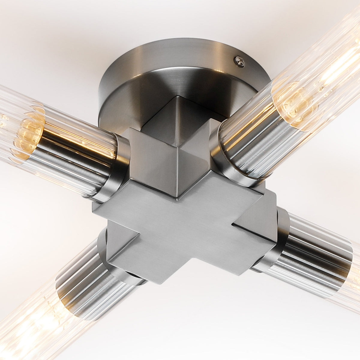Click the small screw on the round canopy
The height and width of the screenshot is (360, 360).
239,61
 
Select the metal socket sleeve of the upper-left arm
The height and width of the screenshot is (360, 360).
75,168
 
